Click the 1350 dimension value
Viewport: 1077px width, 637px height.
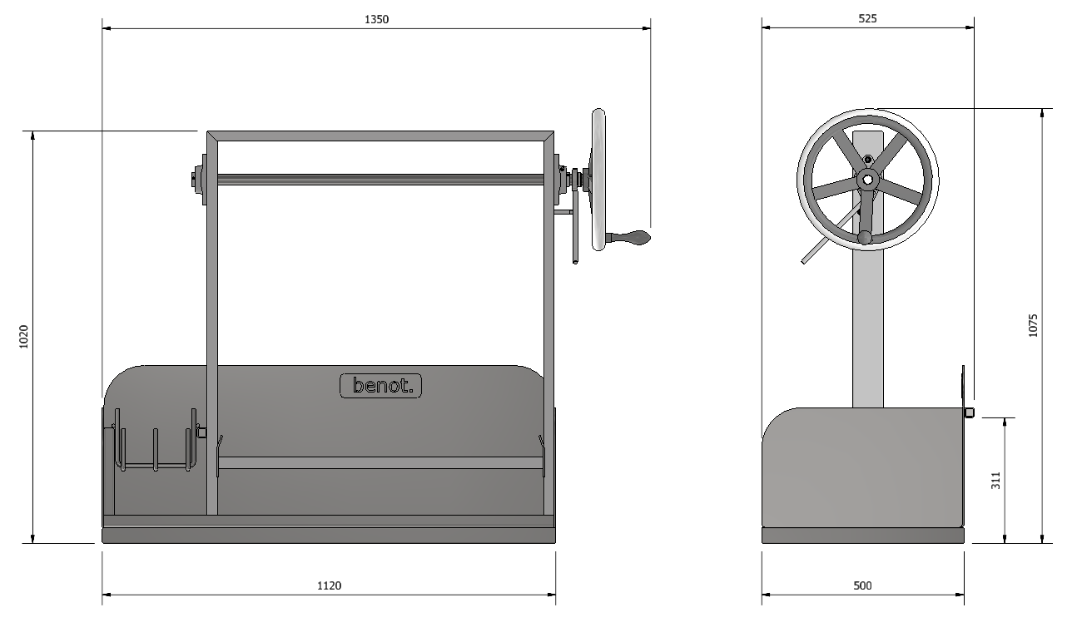(376, 19)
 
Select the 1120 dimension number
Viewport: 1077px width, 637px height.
(329, 585)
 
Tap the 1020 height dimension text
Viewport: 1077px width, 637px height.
(23, 336)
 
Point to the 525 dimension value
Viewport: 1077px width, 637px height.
(867, 18)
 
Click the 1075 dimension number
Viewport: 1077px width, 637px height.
(1033, 325)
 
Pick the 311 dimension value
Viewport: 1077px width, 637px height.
(995, 481)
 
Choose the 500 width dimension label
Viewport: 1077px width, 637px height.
(862, 585)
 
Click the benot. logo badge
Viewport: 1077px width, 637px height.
(381, 386)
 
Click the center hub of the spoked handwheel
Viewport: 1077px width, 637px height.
(867, 180)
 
